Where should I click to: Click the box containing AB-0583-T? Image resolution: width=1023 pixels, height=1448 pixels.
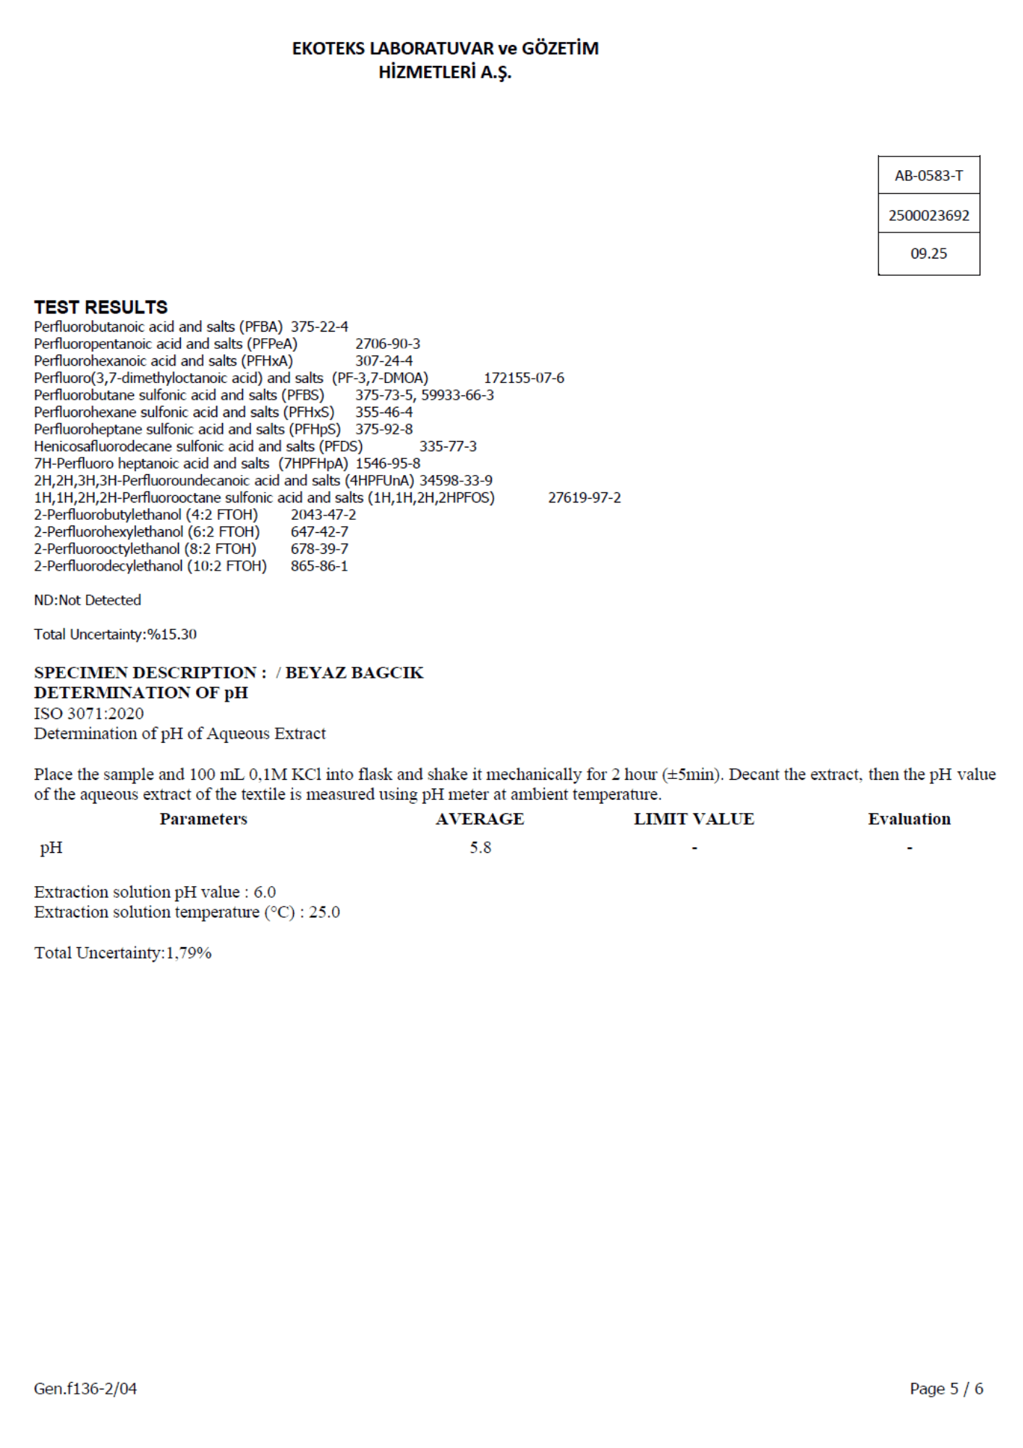(928, 175)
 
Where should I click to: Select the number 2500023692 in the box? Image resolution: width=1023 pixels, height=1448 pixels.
(928, 215)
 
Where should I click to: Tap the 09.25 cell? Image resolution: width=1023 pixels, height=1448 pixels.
(928, 253)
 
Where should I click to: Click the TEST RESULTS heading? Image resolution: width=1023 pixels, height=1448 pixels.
(101, 307)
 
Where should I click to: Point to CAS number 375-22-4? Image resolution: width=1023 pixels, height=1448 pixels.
(319, 327)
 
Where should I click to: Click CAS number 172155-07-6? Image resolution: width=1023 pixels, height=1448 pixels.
(524, 378)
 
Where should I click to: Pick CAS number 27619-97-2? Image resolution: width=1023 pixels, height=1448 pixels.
(584, 497)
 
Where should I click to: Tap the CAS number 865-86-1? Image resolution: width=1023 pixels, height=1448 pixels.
(319, 565)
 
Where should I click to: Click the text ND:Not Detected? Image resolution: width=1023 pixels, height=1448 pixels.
(88, 599)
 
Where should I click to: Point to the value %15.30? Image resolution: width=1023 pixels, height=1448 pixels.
(172, 634)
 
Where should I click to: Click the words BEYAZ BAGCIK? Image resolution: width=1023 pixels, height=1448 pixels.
(354, 673)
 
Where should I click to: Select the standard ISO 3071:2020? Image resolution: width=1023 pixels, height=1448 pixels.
(89, 713)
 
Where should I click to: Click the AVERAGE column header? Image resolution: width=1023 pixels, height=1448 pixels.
(480, 819)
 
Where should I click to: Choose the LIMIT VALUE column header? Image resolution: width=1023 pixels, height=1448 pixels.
(694, 819)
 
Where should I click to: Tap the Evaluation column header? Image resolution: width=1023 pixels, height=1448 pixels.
(909, 819)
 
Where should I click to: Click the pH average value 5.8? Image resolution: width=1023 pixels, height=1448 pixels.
(480, 847)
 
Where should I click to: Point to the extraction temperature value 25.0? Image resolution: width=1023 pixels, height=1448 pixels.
(324, 912)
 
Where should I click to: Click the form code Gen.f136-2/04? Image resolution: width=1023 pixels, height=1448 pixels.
(85, 1388)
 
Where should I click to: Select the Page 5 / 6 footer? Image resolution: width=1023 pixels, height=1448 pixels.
(946, 1388)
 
